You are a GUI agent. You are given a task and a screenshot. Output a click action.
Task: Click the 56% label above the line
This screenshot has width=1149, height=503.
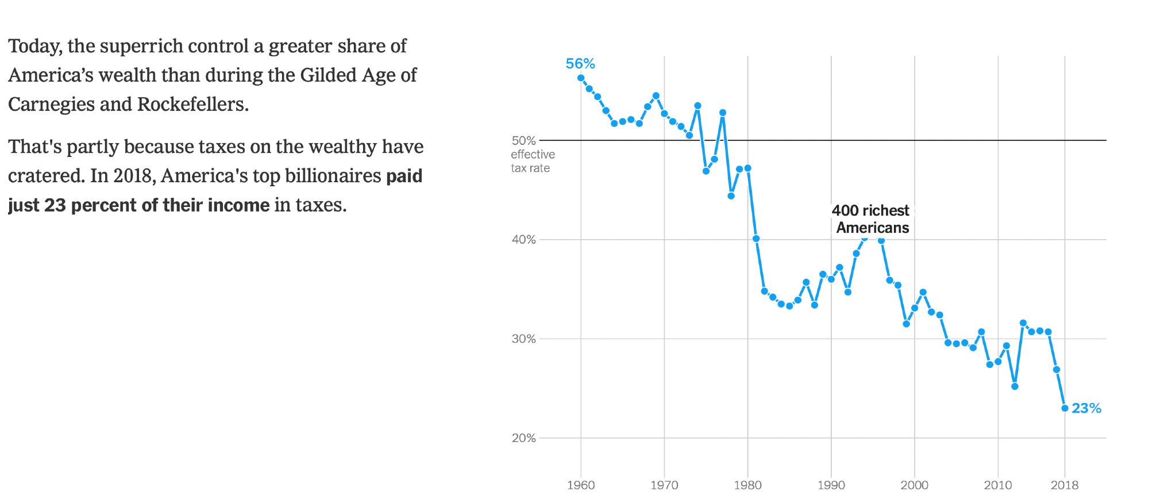(580, 64)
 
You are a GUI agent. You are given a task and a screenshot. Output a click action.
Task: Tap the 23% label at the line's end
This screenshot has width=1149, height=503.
(1086, 408)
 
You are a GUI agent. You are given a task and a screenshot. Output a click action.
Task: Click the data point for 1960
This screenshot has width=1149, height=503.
(581, 78)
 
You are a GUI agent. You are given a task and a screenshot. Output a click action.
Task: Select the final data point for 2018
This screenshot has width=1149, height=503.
(1065, 408)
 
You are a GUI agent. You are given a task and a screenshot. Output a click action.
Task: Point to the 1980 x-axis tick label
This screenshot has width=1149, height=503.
(747, 485)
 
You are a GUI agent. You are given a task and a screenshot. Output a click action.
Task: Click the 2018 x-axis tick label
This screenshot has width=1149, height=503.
(1065, 485)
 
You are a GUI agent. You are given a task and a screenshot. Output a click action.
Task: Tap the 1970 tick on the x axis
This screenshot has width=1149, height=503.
(664, 485)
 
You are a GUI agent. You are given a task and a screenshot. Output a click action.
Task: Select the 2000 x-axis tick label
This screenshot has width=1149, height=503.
(914, 485)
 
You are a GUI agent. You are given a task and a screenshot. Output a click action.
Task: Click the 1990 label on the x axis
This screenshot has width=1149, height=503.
(831, 485)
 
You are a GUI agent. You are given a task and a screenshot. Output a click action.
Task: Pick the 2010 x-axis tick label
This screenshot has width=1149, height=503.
(998, 485)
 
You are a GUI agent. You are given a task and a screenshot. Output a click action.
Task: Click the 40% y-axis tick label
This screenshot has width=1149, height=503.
(523, 240)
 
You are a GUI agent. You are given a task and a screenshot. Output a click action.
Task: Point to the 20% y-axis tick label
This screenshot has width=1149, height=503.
(523, 438)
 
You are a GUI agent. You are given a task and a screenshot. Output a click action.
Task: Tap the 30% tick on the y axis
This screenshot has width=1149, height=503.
(523, 339)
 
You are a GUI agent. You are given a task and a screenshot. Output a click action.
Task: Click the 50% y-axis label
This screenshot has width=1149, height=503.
(523, 140)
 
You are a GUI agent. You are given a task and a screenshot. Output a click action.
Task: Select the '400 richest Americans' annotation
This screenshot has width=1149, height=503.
(871, 219)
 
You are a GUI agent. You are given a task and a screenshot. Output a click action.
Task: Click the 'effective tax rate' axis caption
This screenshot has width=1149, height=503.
(532, 162)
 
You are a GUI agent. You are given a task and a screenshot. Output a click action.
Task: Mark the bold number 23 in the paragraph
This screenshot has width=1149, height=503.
(55, 205)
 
